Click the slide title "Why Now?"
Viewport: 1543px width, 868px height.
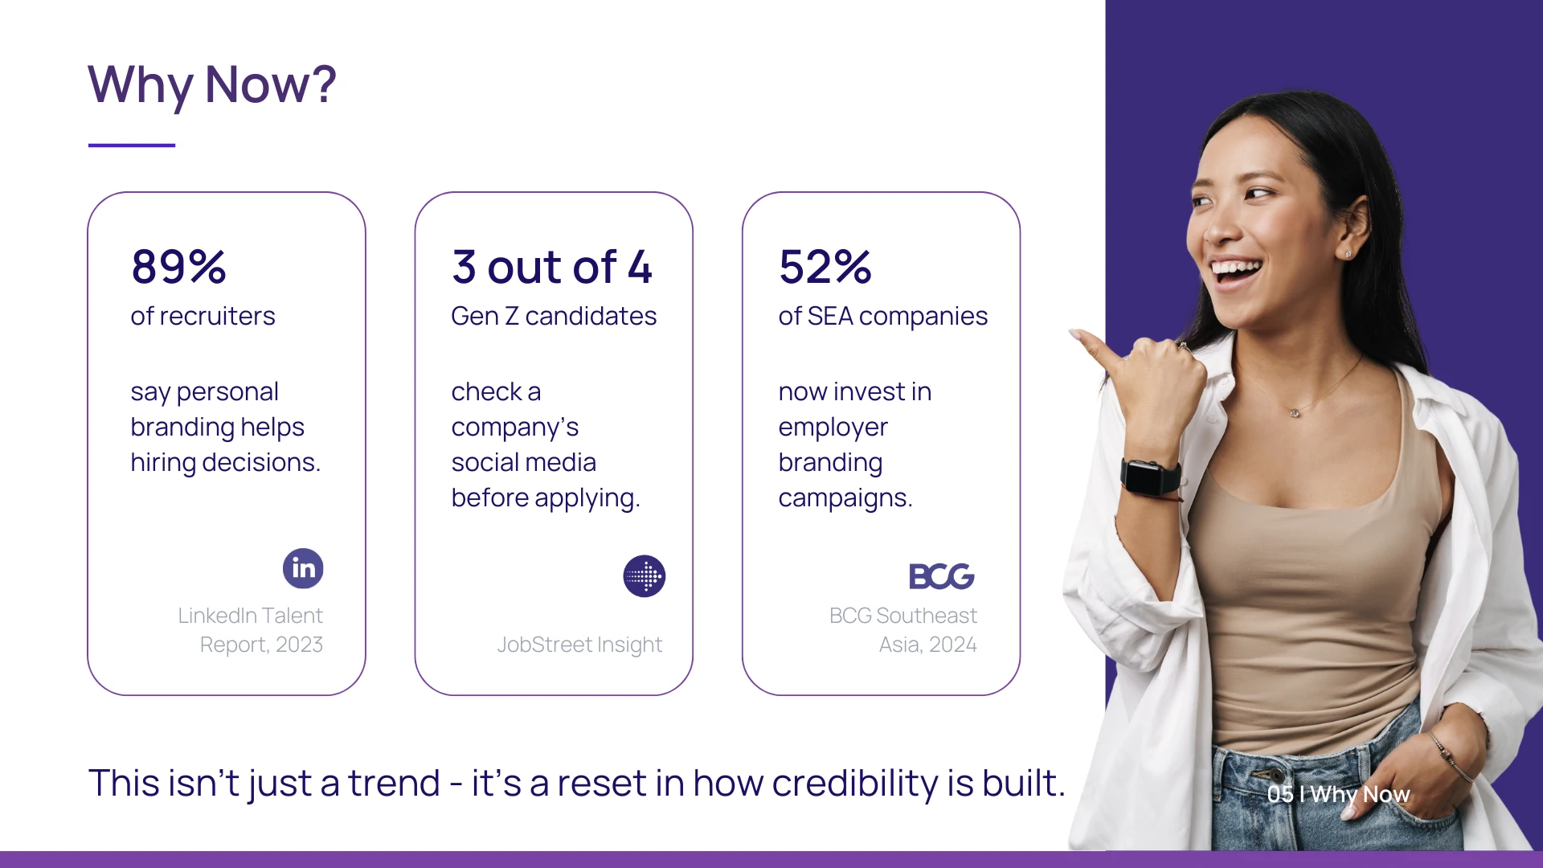[x=212, y=85]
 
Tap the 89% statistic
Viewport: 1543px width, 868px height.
[x=178, y=267]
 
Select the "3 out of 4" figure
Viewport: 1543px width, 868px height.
[x=552, y=267]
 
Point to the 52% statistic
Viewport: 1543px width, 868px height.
[x=825, y=267]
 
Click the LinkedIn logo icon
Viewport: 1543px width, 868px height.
[x=303, y=568]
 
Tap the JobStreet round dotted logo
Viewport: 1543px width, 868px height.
[x=645, y=576]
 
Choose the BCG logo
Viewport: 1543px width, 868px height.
[x=942, y=576]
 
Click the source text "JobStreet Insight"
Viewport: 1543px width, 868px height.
[x=579, y=645]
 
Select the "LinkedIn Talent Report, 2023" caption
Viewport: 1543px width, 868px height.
[x=251, y=630]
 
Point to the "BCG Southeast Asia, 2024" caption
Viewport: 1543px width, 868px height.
[x=903, y=630]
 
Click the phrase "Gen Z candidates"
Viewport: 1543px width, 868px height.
[x=554, y=316]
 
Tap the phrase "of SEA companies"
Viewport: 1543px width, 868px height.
[x=883, y=317]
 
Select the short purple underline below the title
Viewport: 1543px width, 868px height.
[x=132, y=145]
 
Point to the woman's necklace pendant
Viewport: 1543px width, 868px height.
[x=1294, y=413]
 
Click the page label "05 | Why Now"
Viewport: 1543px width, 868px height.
[x=1338, y=794]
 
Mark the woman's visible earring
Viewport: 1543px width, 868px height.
[x=1348, y=255]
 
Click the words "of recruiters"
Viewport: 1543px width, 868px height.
[x=203, y=316]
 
